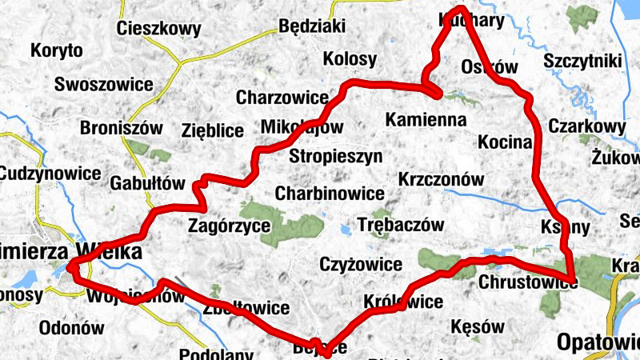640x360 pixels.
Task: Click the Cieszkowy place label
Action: click(x=158, y=29)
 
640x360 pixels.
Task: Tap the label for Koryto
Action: click(x=57, y=51)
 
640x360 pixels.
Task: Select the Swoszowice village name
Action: click(x=103, y=84)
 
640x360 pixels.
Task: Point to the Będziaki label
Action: click(x=312, y=26)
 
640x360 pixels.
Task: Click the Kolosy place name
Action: click(x=350, y=58)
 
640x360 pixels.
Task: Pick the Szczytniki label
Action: click(x=582, y=60)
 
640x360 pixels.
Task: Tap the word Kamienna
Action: click(x=426, y=120)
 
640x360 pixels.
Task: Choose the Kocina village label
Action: click(x=505, y=142)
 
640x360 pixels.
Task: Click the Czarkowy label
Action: click(x=586, y=126)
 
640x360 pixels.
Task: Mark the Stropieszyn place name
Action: click(x=336, y=155)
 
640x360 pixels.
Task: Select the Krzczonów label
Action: click(x=441, y=180)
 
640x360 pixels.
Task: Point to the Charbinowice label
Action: click(x=330, y=194)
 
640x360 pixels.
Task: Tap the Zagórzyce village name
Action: click(x=229, y=226)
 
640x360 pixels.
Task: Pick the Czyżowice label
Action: click(x=360, y=263)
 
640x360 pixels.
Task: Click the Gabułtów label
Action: click(x=148, y=182)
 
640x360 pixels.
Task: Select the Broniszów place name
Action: click(x=122, y=127)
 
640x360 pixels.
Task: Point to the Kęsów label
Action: click(x=478, y=327)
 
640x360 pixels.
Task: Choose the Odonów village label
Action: click(x=72, y=328)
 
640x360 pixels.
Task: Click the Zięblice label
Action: click(x=213, y=130)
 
